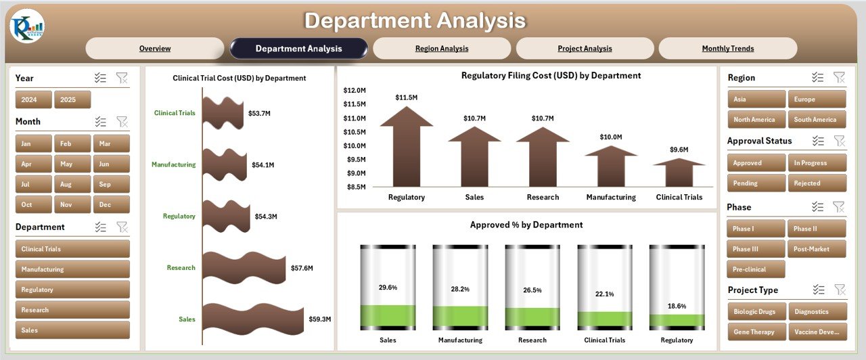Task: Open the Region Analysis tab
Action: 441,49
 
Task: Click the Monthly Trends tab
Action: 727,49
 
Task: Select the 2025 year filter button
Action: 72,100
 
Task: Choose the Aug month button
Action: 66,185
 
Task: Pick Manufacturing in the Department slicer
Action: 72,269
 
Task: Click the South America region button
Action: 815,120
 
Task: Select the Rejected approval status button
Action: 815,183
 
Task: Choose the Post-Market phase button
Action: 815,249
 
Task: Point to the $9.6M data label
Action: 679,150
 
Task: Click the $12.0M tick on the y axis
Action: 355,90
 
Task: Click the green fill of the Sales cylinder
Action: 388,316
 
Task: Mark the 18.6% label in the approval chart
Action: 677,307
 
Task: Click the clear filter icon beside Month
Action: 122,122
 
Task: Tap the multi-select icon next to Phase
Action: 818,207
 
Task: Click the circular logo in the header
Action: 27,26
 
